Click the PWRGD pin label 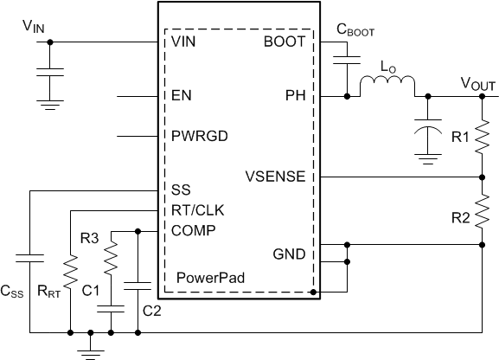195,136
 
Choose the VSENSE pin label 276,177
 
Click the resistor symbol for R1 482,136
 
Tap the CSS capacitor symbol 29,257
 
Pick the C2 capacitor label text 151,309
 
